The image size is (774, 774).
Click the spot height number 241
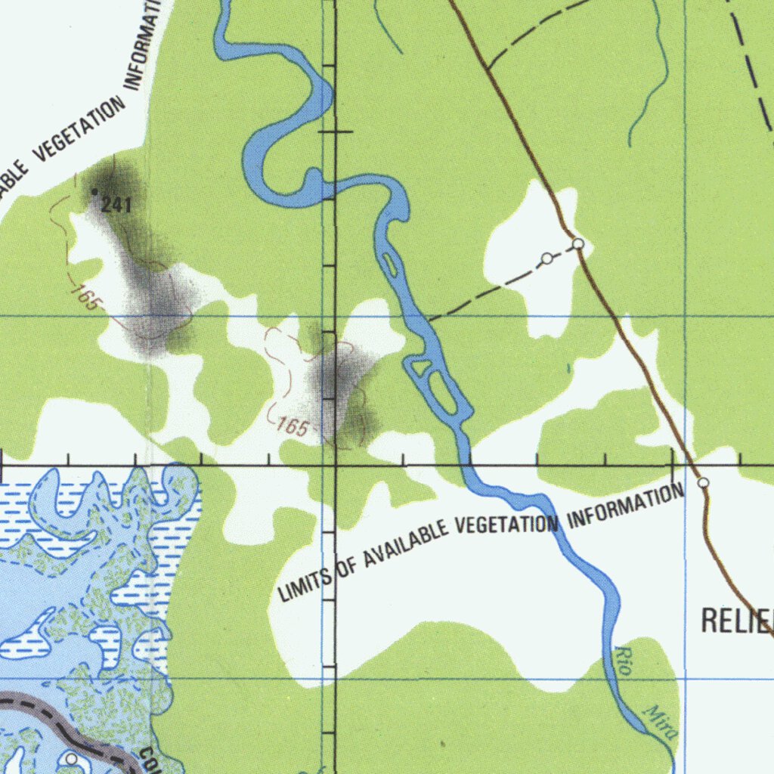(116, 204)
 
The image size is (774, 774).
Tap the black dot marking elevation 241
(94, 192)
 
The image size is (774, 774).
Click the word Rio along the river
(624, 659)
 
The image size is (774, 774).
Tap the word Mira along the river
(661, 722)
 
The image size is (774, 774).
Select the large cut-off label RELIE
(737, 620)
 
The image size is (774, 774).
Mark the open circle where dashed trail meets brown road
(578, 243)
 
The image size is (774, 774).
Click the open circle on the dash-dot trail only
(546, 259)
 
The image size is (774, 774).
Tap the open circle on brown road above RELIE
(703, 482)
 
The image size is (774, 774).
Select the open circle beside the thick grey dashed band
(71, 758)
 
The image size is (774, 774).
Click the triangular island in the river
(420, 368)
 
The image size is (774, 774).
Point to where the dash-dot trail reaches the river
(428, 320)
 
